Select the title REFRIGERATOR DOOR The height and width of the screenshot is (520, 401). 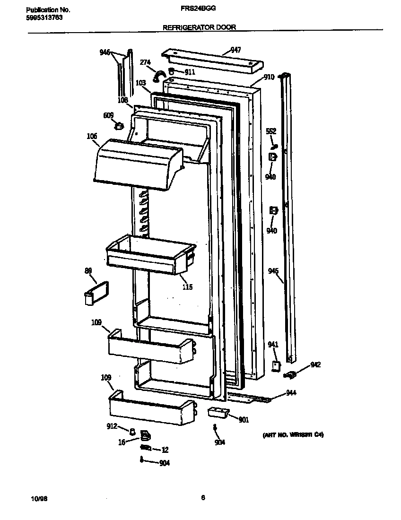click(199, 27)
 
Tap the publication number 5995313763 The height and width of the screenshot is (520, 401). click(44, 17)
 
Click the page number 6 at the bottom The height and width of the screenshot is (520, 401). click(203, 497)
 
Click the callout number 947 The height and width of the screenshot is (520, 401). click(235, 50)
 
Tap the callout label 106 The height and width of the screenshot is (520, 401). click(92, 136)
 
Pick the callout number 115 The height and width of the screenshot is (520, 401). click(187, 287)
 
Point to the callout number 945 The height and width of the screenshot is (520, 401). click(273, 271)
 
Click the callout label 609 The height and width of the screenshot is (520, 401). click(108, 115)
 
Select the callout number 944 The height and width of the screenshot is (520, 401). click(291, 393)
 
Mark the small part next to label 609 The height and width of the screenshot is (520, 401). click(119, 126)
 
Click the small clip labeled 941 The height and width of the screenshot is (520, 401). click(275, 365)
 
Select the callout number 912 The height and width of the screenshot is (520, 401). click(112, 426)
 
